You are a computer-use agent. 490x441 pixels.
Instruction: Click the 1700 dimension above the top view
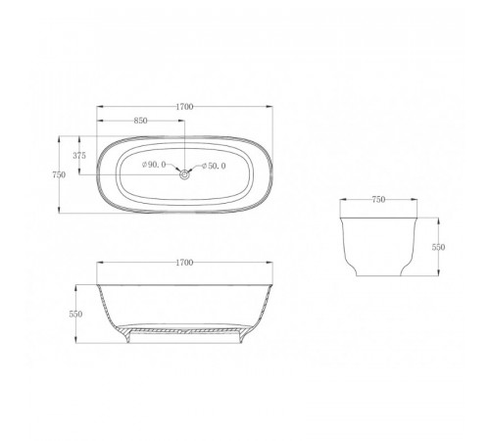[184, 107]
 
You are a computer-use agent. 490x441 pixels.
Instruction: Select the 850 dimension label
[141, 121]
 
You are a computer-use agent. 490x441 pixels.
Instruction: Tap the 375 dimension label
[79, 156]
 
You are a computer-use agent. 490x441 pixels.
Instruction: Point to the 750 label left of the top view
[59, 174]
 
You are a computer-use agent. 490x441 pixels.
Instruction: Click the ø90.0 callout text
[154, 165]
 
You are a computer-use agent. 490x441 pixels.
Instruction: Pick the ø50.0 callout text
[214, 166]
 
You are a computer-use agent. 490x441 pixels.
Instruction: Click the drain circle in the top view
[185, 174]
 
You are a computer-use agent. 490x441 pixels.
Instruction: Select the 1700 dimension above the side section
[184, 263]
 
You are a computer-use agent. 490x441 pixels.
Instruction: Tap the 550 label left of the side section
[75, 314]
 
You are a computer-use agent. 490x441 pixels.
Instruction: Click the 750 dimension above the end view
[378, 200]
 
